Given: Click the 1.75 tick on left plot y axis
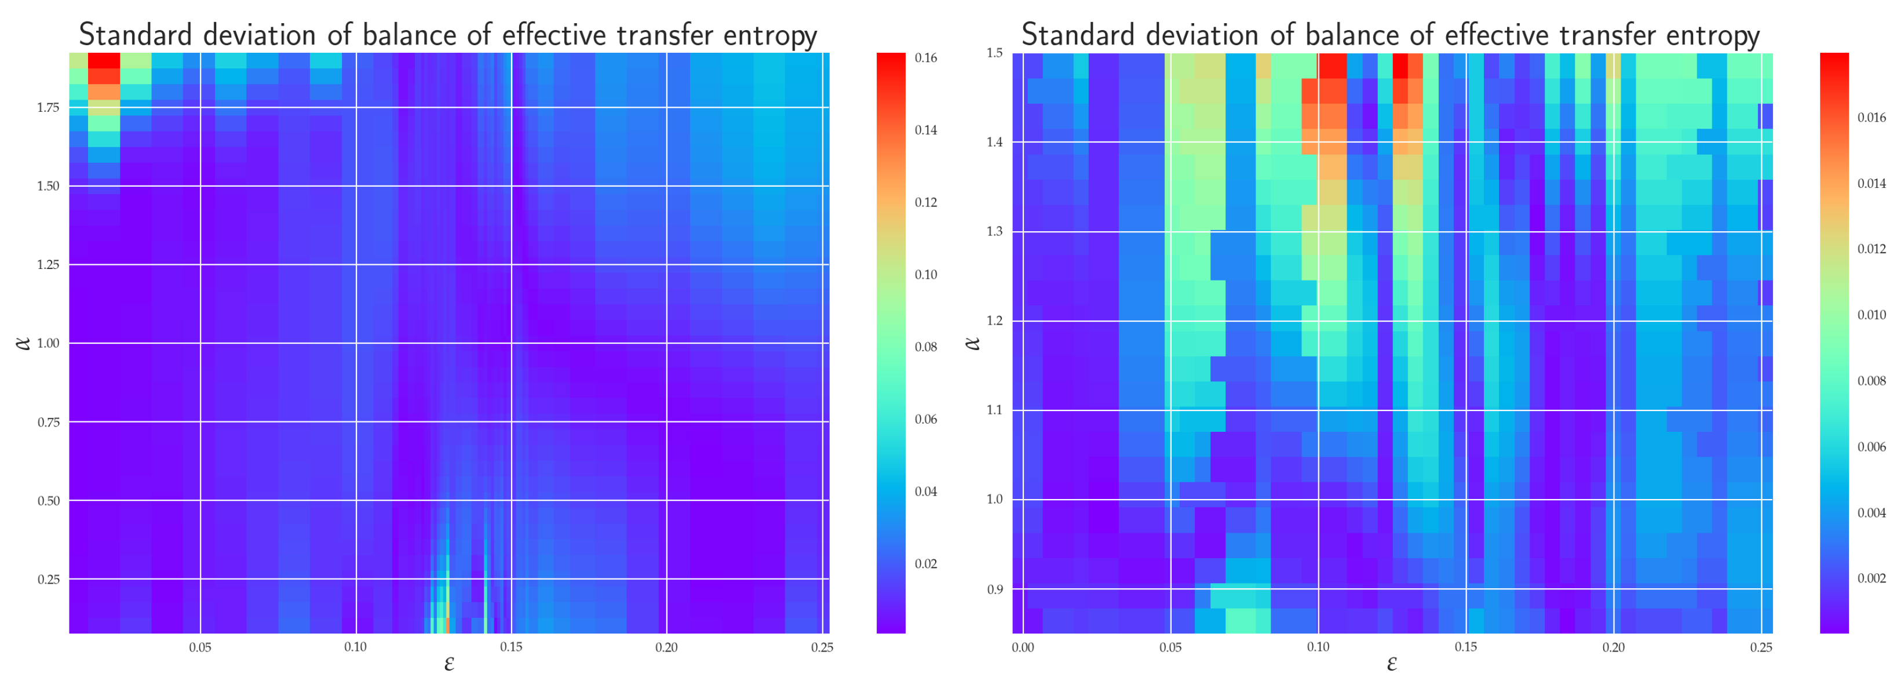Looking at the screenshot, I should click(48, 108).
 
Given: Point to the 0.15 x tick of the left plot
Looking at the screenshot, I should click(510, 647).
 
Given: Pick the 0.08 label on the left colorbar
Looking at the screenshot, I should click(925, 347).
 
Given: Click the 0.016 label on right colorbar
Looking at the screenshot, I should click(1871, 118).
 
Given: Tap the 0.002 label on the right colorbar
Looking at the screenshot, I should click(1871, 578).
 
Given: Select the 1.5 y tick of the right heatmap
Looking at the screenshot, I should click(994, 53).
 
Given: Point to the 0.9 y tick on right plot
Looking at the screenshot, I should click(994, 589).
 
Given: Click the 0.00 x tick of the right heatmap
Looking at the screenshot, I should click(1023, 647).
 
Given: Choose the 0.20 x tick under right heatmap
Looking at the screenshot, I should click(1614, 647).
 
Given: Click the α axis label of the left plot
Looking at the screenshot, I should click(24, 343).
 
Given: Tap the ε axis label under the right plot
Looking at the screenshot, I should click(1392, 664).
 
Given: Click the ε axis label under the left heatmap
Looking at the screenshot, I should click(448, 664).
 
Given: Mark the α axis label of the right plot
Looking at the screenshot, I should click(973, 343).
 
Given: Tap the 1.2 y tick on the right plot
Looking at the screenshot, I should click(994, 321).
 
